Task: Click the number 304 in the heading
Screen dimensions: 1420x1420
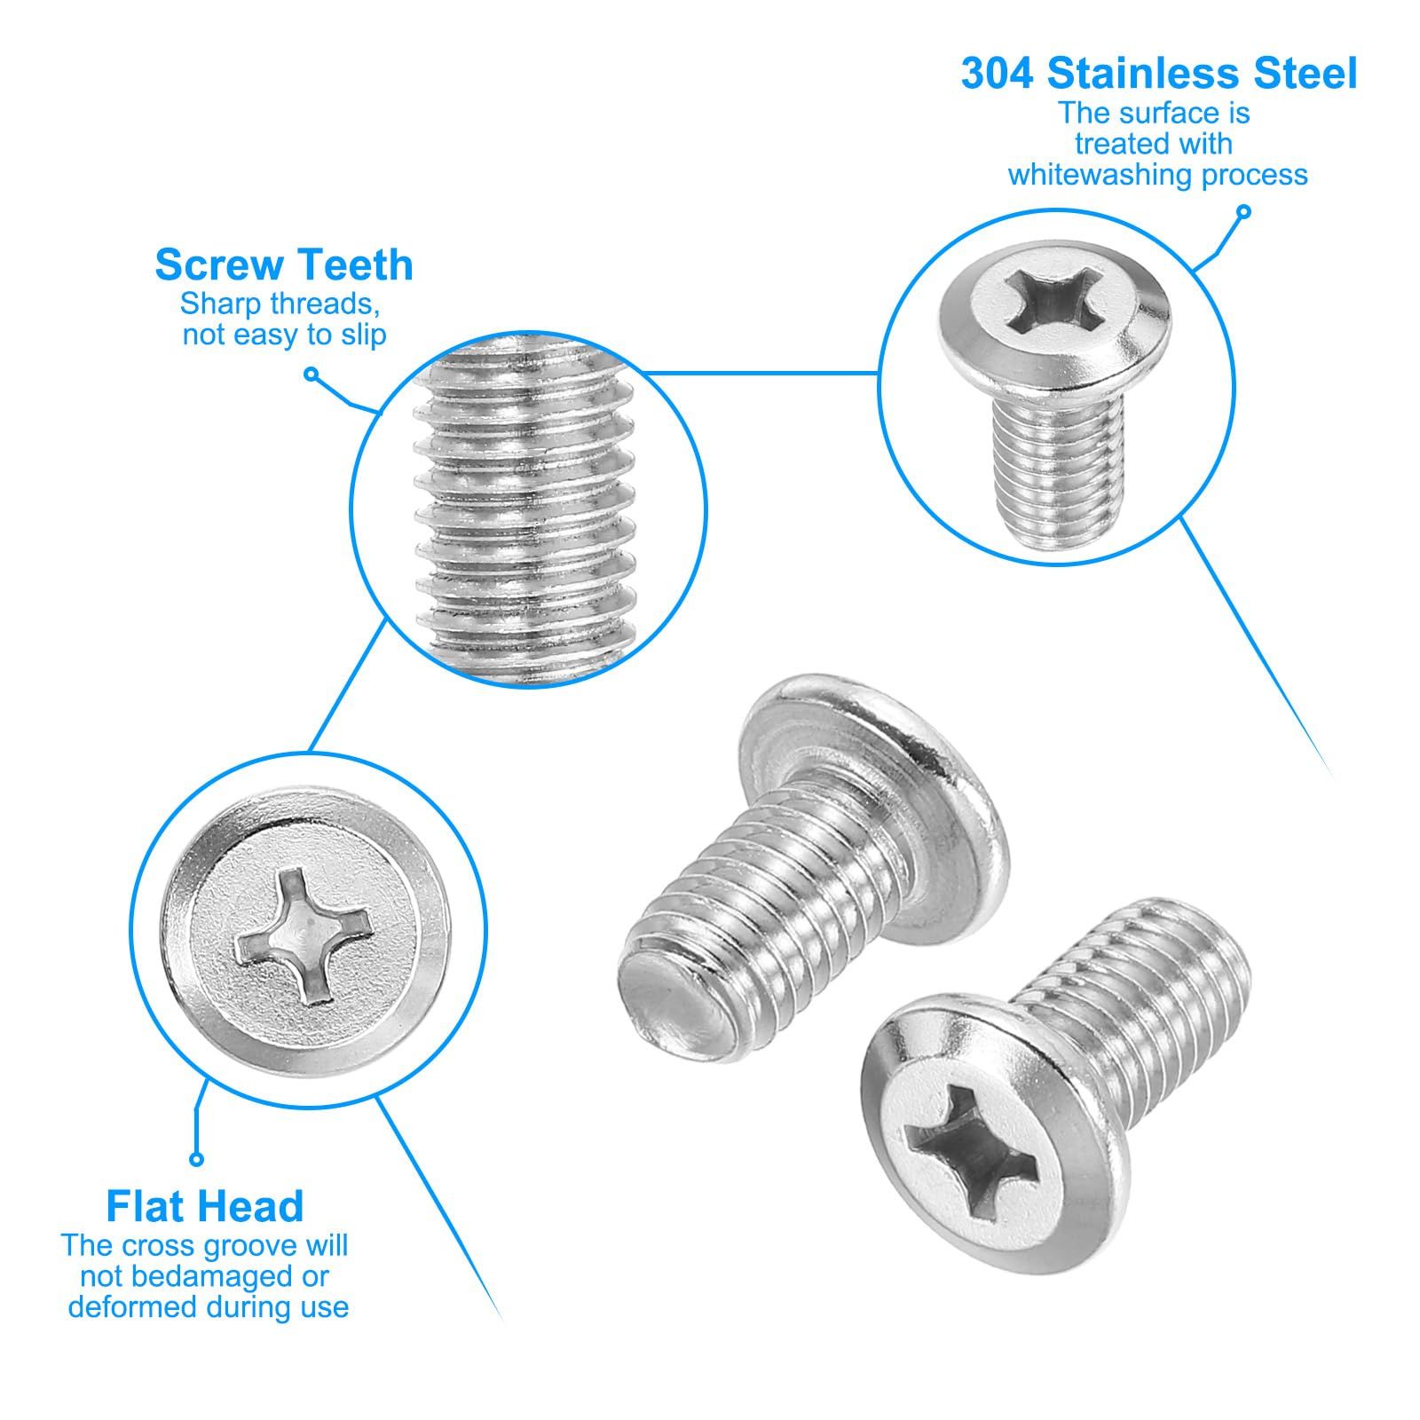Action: click(x=997, y=74)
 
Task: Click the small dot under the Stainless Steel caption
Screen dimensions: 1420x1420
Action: click(x=1243, y=212)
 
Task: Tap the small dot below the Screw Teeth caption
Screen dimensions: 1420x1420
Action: click(x=311, y=374)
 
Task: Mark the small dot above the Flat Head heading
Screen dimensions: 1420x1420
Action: click(x=197, y=1159)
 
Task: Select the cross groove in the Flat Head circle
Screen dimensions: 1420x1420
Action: click(x=302, y=936)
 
